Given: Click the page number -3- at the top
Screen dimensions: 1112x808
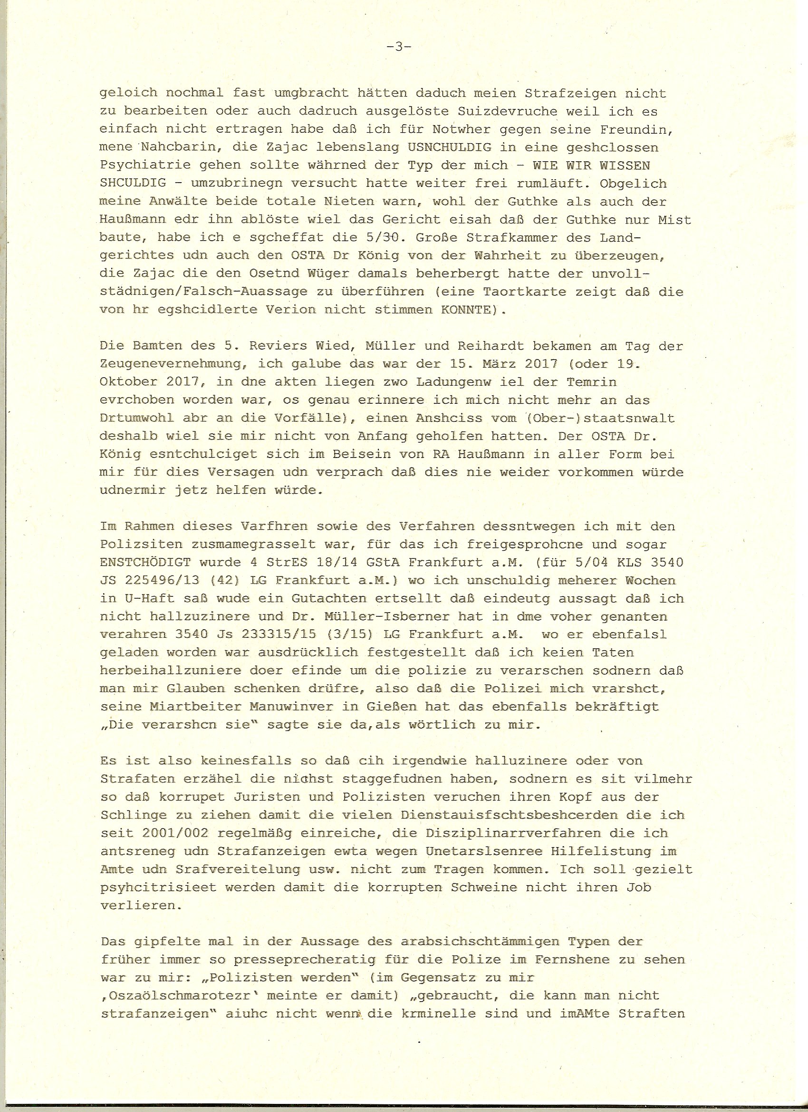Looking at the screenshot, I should [398, 47].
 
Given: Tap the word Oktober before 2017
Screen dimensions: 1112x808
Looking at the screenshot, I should [127, 382].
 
